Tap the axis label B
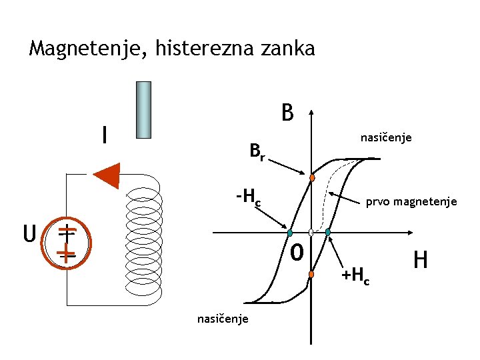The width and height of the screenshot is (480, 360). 287,113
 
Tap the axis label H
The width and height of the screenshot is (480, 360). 421,259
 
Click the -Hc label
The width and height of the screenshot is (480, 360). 247,197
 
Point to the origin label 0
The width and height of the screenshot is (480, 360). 298,253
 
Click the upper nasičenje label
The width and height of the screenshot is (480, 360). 386,138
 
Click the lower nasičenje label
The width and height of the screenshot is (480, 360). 223,319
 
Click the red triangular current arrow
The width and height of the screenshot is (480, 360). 107,175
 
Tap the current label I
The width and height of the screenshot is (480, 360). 103,135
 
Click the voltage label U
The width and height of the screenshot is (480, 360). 29,235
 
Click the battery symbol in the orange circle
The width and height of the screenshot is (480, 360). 65,242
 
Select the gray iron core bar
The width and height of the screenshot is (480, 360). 143,109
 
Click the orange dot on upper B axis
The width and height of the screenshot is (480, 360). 312,178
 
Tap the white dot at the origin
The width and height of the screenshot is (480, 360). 311,233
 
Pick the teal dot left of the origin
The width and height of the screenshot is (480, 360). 290,233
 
